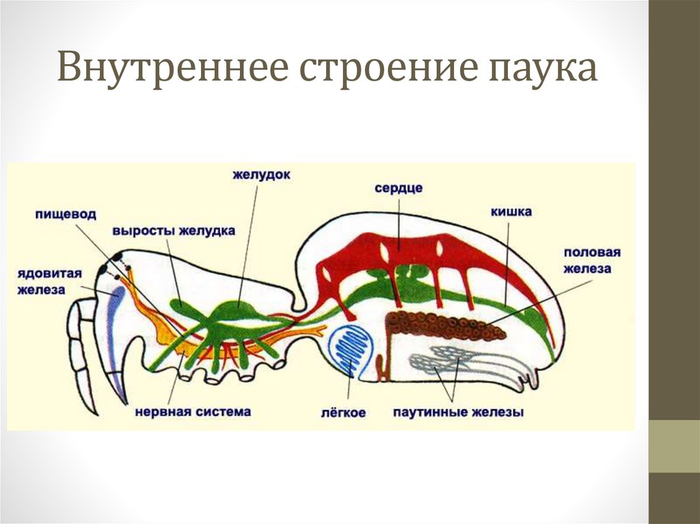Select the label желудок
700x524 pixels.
(x=261, y=176)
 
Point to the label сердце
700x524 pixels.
(x=399, y=187)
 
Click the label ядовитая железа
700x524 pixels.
(x=51, y=281)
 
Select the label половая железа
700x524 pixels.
(x=592, y=260)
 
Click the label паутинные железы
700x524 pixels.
(x=458, y=413)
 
